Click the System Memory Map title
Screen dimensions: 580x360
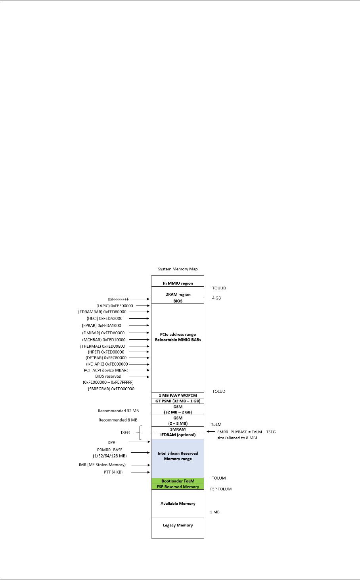178,269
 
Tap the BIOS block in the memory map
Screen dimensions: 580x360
178,301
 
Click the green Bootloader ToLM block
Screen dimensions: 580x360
178,481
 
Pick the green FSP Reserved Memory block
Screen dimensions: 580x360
178,486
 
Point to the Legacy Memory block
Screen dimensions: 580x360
178,525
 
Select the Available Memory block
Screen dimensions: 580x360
178,503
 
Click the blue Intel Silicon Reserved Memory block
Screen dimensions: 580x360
178,456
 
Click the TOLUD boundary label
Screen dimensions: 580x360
218,391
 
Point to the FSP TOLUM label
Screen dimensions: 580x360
221,489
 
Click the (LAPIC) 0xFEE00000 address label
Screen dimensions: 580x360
115,306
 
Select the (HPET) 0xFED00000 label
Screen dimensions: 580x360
110,352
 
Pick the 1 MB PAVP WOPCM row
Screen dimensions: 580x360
178,395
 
